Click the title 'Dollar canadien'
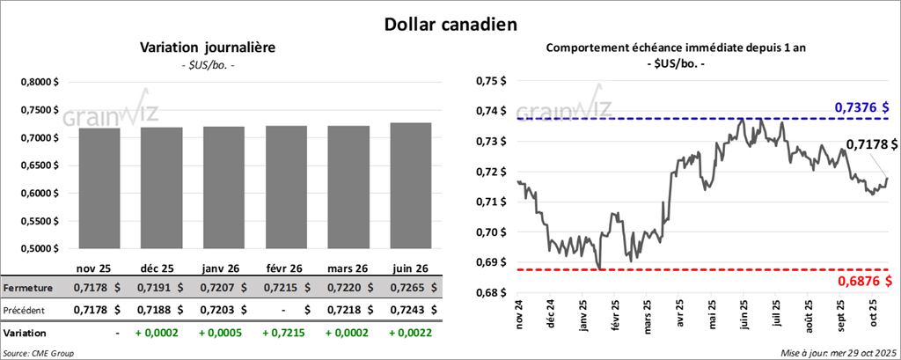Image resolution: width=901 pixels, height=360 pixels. (450, 23)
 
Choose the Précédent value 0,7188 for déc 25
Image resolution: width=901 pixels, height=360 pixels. (156, 310)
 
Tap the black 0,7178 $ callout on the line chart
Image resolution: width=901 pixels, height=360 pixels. (872, 143)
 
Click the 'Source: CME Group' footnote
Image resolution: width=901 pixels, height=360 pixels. (39, 352)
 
